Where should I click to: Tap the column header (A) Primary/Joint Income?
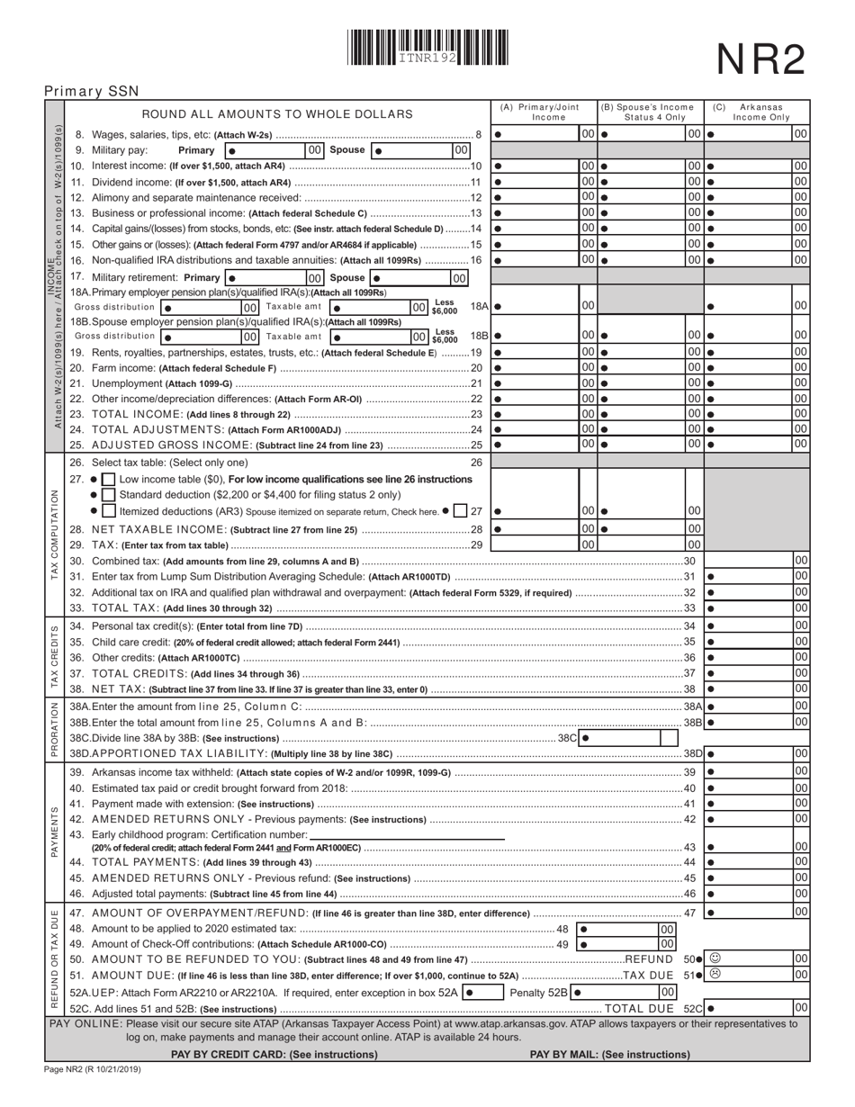click(543, 112)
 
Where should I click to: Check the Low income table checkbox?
click(108, 479)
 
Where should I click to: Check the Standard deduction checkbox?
click(108, 495)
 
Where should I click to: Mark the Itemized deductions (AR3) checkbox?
click(108, 511)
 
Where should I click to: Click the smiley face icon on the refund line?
click(715, 958)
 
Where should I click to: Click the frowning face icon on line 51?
click(715, 974)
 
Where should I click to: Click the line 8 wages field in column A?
click(536, 134)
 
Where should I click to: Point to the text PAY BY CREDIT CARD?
click(274, 1054)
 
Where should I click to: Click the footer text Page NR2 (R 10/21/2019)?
click(92, 1069)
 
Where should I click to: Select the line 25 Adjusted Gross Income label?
click(162, 445)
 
